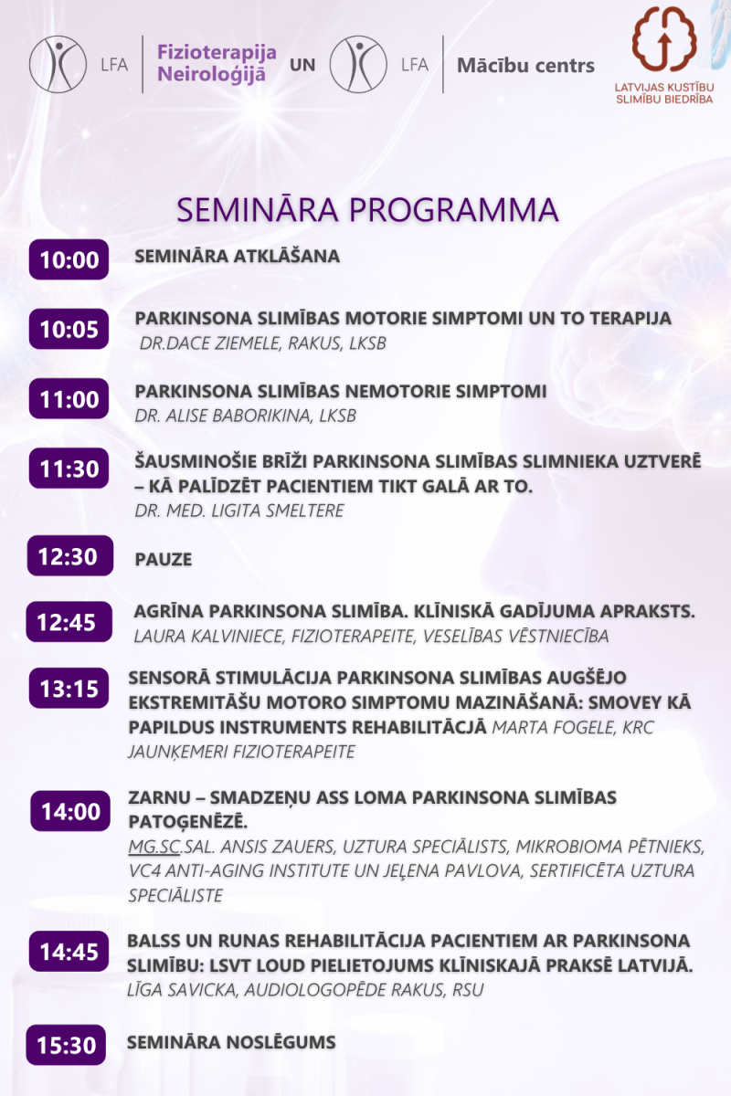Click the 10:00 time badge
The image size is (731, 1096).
click(x=69, y=259)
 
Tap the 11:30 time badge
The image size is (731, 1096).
click(x=69, y=469)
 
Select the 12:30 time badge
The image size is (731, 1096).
click(x=70, y=556)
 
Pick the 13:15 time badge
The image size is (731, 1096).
click(x=69, y=688)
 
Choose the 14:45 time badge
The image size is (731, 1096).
click(x=69, y=951)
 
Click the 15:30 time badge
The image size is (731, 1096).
click(x=66, y=1045)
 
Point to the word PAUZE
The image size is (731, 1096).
click(x=163, y=559)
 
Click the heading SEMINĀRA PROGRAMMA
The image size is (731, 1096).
click(x=367, y=210)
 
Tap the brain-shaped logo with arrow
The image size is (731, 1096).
click(x=664, y=39)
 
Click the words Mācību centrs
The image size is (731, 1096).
click(x=525, y=65)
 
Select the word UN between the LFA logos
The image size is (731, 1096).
click(x=302, y=65)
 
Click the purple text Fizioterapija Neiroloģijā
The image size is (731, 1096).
click(x=217, y=64)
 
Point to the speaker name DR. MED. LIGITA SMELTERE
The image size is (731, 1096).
click(x=239, y=511)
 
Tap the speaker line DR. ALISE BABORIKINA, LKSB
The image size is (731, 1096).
click(x=245, y=416)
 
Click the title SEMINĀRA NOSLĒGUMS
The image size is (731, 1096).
click(x=231, y=1042)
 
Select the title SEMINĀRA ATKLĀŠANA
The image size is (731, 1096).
click(x=237, y=257)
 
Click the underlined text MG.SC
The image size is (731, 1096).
click(x=154, y=847)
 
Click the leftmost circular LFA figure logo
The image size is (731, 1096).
click(x=58, y=64)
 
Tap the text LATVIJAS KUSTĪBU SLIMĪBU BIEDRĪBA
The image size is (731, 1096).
click(x=664, y=93)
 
